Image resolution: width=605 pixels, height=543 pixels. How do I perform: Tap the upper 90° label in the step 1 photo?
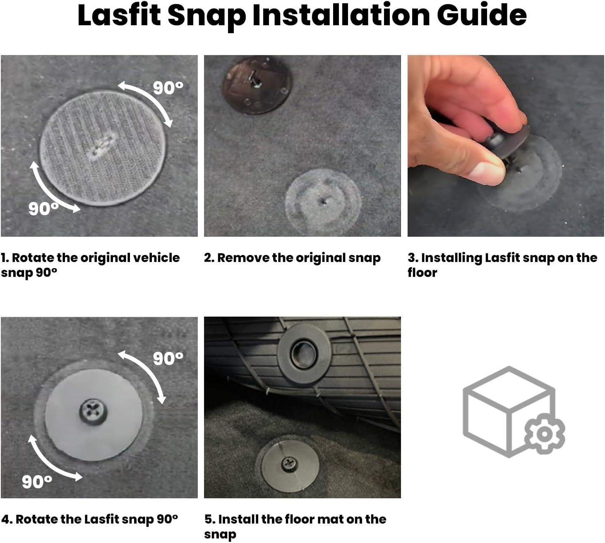pyautogui.click(x=168, y=88)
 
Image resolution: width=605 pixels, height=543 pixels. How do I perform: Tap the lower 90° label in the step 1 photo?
pyautogui.click(x=43, y=209)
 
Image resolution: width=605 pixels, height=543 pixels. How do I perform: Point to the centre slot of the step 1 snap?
pyautogui.click(x=103, y=144)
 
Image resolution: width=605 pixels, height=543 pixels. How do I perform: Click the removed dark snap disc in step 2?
pyautogui.click(x=257, y=85)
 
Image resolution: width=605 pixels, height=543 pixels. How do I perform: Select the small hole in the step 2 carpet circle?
pyautogui.click(x=324, y=202)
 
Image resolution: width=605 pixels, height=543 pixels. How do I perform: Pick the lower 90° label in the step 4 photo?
pyautogui.click(x=37, y=481)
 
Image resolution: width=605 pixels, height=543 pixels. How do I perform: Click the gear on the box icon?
pyautogui.click(x=545, y=434)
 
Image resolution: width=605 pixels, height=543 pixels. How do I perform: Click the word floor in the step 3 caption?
pyautogui.click(x=422, y=272)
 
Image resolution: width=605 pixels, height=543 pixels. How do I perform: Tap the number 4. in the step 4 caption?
pyautogui.click(x=7, y=519)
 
